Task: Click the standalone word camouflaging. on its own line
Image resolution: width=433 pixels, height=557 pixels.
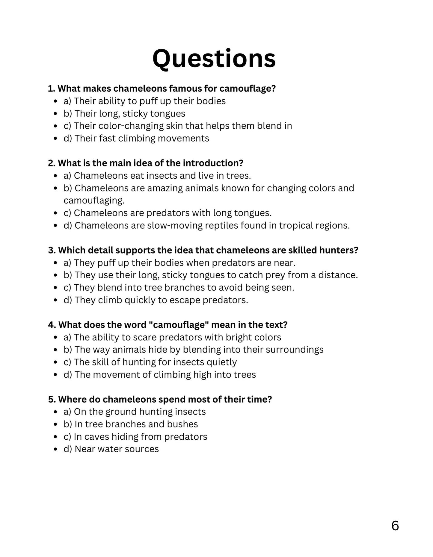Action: tap(94, 201)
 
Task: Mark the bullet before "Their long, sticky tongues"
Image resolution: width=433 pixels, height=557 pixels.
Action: tap(55, 114)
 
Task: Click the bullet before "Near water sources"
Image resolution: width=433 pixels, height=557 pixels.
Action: tap(55, 449)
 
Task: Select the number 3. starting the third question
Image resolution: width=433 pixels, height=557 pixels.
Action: tap(52, 250)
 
